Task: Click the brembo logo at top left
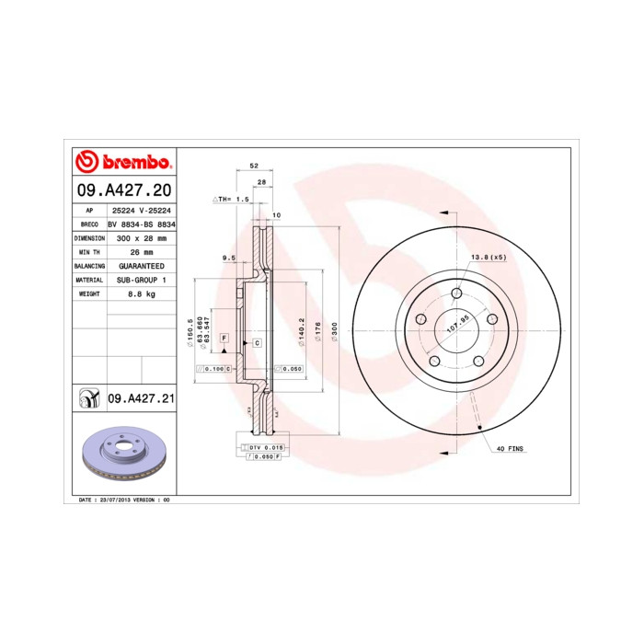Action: point(123,162)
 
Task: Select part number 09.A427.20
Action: point(122,191)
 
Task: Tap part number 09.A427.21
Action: point(141,398)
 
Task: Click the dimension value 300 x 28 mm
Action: point(141,237)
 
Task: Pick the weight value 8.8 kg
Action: point(141,293)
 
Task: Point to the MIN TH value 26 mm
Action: point(141,251)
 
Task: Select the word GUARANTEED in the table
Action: point(141,265)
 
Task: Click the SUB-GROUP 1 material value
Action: point(141,279)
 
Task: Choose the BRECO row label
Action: point(89,224)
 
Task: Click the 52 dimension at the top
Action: point(254,167)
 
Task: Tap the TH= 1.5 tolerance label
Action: point(232,199)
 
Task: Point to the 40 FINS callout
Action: point(509,448)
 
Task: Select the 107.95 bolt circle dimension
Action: point(457,328)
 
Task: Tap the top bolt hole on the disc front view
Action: point(456,294)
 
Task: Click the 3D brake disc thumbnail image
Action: point(123,457)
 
